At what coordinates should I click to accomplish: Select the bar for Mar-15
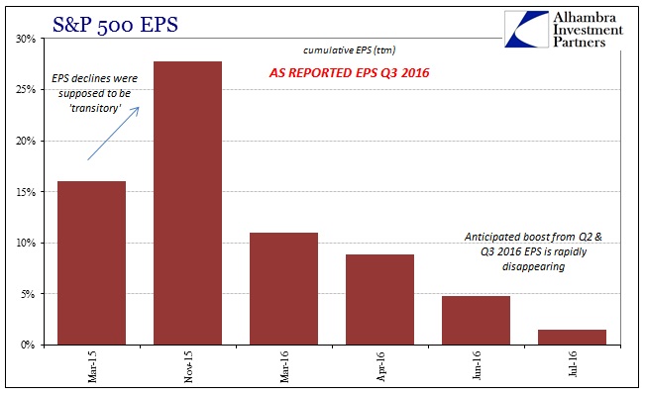[91, 263]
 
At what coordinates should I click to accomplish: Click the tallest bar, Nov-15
[187, 203]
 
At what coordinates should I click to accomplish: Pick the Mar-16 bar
[283, 289]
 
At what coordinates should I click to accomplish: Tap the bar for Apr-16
[379, 300]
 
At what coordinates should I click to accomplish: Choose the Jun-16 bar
[476, 321]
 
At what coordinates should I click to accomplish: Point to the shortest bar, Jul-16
[573, 338]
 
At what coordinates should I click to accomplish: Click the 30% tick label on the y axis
[26, 39]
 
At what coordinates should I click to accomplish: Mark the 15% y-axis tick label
[26, 192]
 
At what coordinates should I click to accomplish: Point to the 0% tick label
[28, 345]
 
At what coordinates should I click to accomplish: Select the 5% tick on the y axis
[28, 294]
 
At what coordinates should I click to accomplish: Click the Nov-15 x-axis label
[188, 367]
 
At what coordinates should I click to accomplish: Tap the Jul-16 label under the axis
[573, 364]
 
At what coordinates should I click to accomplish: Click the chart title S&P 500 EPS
[115, 24]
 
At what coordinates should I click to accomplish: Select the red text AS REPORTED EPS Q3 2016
[349, 72]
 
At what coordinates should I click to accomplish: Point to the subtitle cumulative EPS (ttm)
[349, 50]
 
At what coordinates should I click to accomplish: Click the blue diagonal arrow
[114, 133]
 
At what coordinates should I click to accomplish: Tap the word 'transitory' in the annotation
[95, 108]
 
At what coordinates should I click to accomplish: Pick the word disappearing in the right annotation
[533, 266]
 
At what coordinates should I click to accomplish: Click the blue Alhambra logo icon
[526, 29]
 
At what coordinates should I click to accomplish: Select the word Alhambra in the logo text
[585, 17]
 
